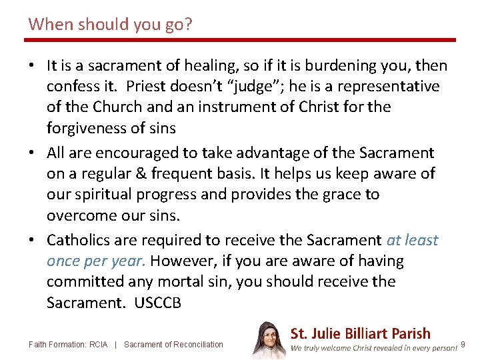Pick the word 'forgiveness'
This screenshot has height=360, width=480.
(84, 127)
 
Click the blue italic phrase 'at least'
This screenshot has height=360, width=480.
(412, 239)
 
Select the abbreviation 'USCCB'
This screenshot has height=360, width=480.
(157, 303)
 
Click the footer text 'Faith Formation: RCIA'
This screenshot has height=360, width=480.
(69, 345)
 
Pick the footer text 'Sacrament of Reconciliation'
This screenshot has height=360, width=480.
(173, 345)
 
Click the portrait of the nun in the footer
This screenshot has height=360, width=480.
(269, 340)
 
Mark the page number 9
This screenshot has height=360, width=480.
(463, 345)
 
